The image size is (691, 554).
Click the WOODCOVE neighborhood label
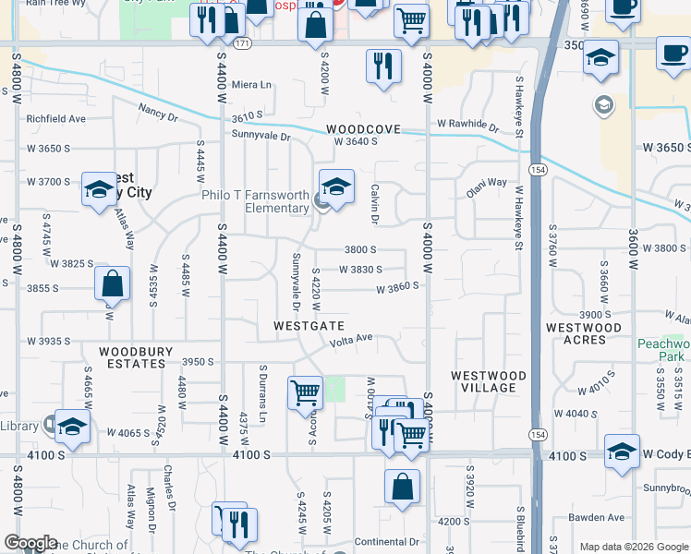[x=363, y=129]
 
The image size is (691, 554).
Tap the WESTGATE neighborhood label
[x=309, y=327]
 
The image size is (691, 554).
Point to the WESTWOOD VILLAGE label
[x=488, y=381]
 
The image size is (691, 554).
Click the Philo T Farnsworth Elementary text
[x=255, y=201]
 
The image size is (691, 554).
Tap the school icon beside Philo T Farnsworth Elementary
[x=336, y=187]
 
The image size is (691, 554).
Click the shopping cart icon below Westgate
[x=305, y=394]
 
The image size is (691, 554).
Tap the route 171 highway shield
[x=241, y=43]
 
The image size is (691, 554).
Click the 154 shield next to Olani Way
[x=536, y=170]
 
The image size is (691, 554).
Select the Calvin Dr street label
[x=376, y=204]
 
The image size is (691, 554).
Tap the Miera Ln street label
[x=253, y=85]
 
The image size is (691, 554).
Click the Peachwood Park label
[x=663, y=349]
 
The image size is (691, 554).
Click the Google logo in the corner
[x=31, y=543]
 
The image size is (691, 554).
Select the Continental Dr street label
[x=387, y=542]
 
